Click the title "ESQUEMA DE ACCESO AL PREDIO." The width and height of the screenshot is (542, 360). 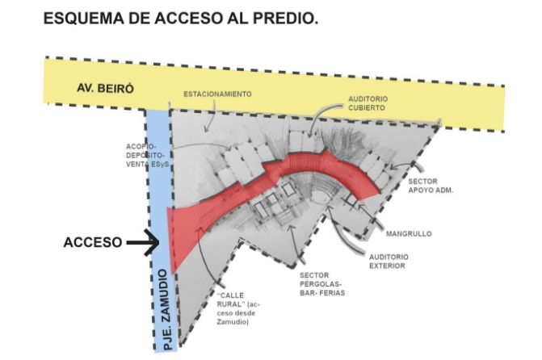pyautogui.click(x=180, y=19)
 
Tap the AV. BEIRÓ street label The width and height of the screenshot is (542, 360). pyautogui.click(x=105, y=88)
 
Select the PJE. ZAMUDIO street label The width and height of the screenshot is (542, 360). pyautogui.click(x=166, y=310)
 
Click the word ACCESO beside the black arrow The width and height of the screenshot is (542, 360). pyautogui.click(x=93, y=242)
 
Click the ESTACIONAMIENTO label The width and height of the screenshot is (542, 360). pyautogui.click(x=217, y=94)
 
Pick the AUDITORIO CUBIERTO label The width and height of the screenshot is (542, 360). pyautogui.click(x=368, y=103)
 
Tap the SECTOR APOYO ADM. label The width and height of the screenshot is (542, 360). pyautogui.click(x=431, y=186)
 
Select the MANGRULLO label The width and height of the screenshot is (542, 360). pyautogui.click(x=409, y=233)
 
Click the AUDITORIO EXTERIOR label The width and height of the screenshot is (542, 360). pyautogui.click(x=389, y=262)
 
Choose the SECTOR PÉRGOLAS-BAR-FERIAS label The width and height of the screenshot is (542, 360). pyautogui.click(x=322, y=284)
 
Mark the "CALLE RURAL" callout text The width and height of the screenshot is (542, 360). pyautogui.click(x=237, y=308)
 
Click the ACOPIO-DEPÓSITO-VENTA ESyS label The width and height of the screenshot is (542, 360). pyautogui.click(x=148, y=156)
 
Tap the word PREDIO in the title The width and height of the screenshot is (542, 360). pyautogui.click(x=285, y=19)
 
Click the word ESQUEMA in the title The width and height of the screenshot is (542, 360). pyautogui.click(x=84, y=19)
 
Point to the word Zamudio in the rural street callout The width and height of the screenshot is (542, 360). pyautogui.click(x=233, y=321)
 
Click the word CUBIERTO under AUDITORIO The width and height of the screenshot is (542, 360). pyautogui.click(x=367, y=108)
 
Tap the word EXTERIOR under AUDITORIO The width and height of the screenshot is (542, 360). pyautogui.click(x=387, y=266)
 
